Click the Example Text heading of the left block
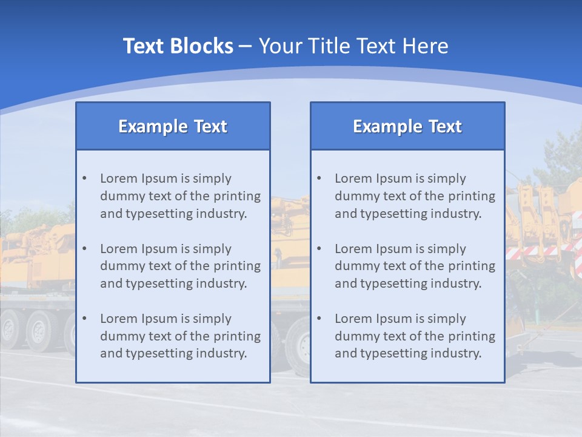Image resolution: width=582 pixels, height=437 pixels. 173,126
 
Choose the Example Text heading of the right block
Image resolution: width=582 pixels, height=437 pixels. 407,126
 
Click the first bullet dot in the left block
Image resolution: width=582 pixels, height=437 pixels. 84,178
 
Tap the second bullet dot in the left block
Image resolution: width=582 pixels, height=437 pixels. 84,249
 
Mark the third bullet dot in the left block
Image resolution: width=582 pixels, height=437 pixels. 84,319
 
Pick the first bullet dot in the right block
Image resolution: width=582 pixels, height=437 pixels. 319,178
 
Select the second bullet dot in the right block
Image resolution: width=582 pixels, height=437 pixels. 319,249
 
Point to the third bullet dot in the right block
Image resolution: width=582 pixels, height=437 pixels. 319,319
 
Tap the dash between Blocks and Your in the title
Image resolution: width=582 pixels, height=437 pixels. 246,47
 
